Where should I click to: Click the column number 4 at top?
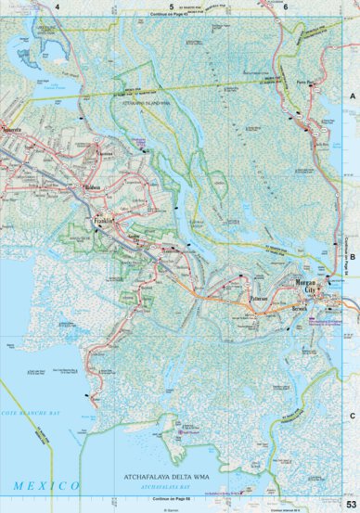57,6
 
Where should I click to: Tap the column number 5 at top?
171,6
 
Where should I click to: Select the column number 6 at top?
285,6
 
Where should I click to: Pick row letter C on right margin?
353,417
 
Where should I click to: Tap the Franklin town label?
102,222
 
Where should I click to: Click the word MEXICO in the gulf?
45,485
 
